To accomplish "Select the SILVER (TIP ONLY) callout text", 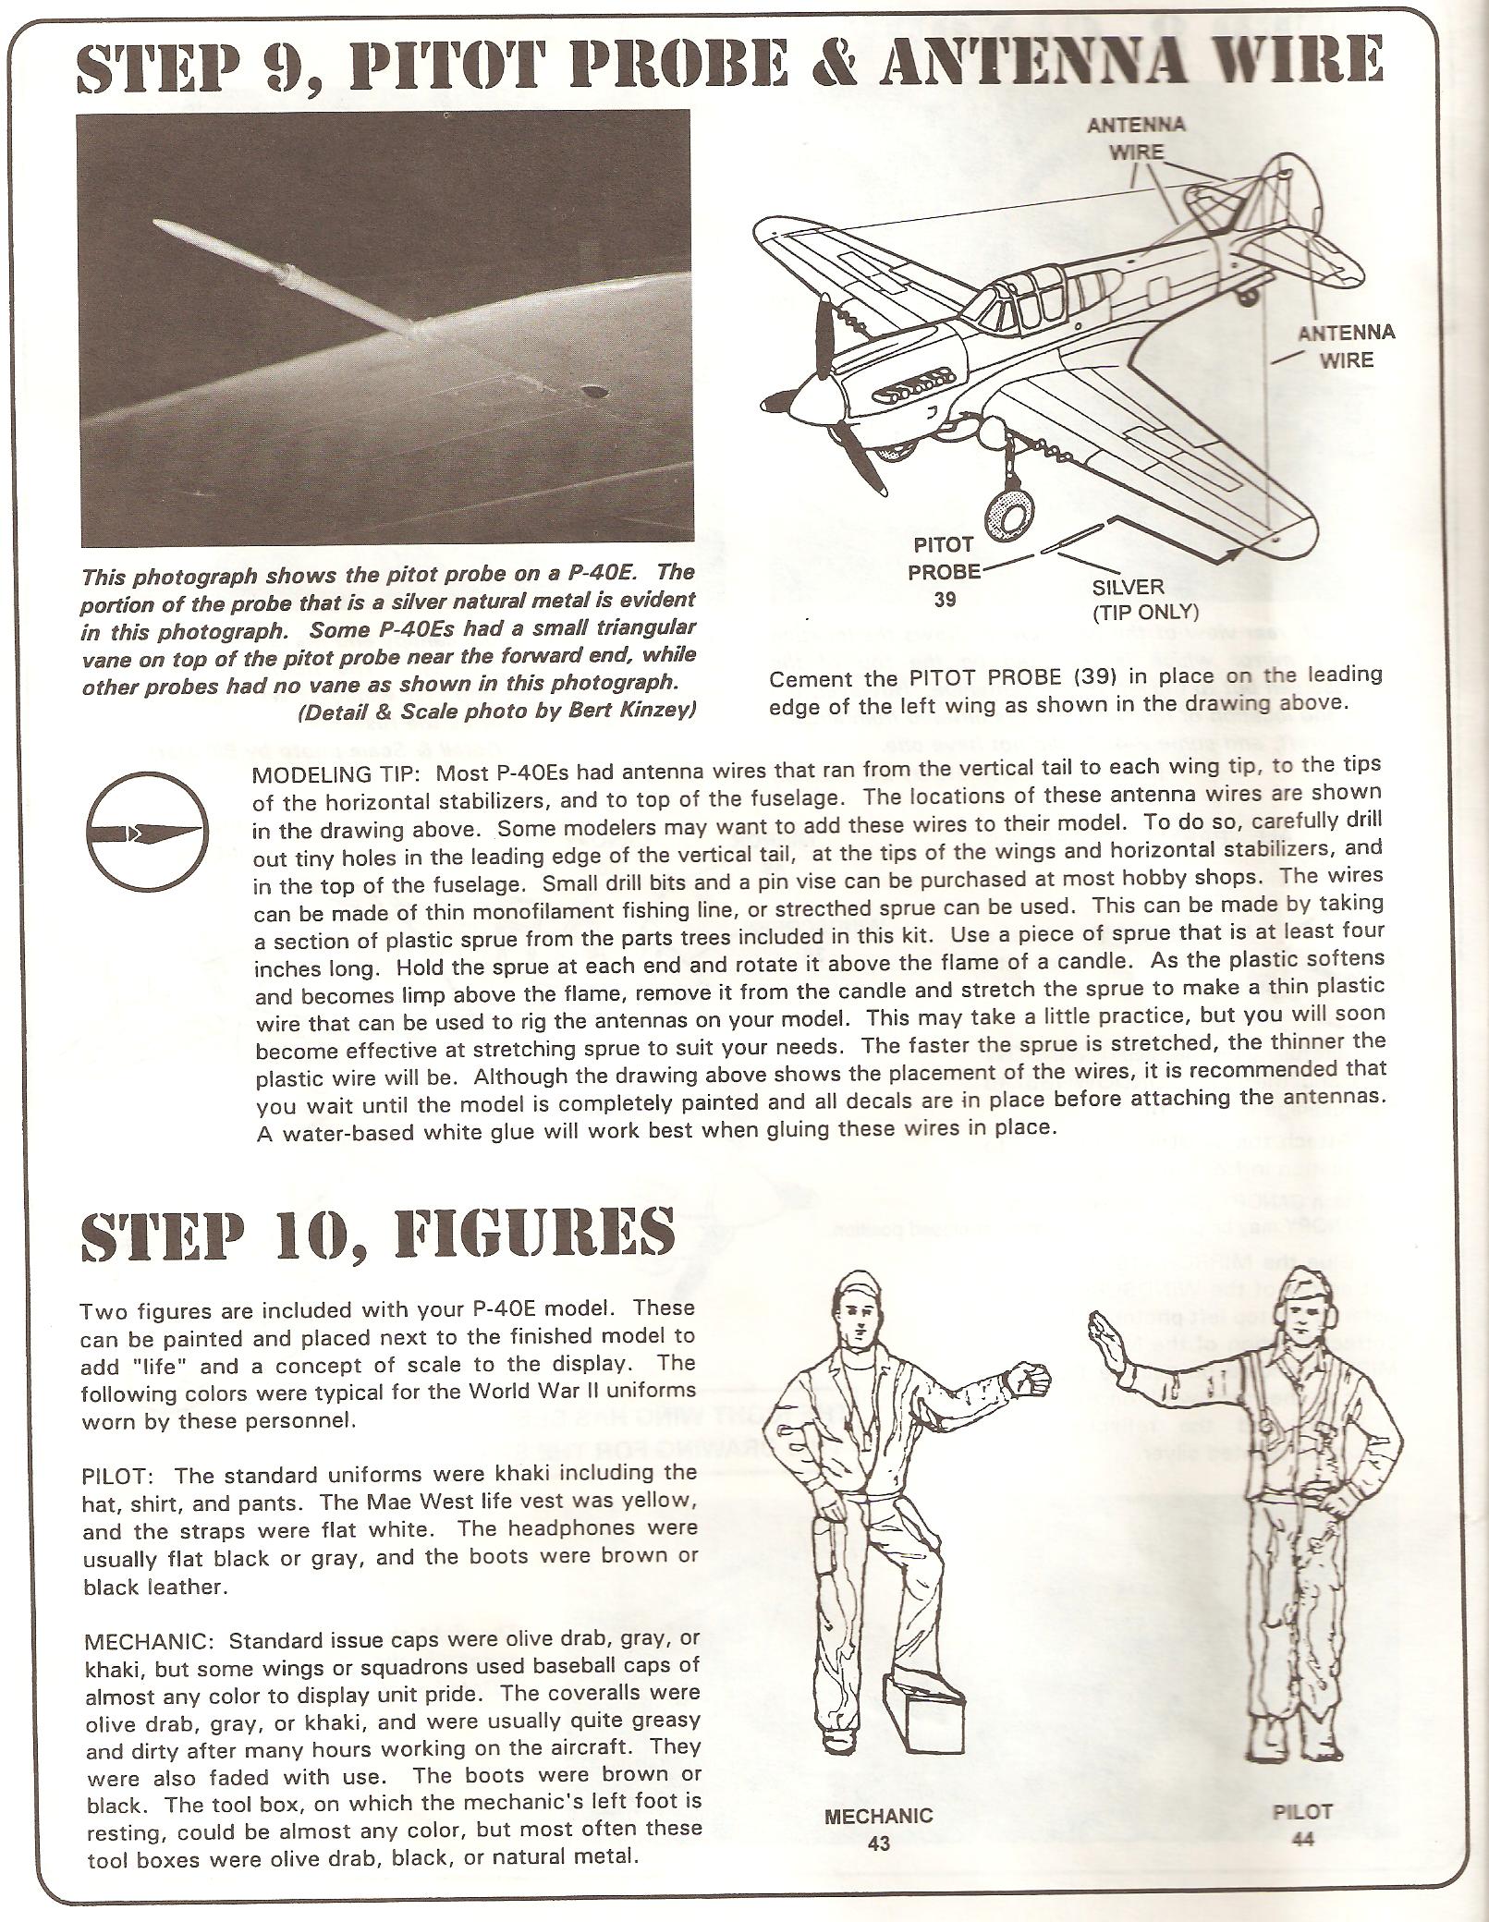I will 1144,599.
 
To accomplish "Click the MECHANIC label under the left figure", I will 878,1816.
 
